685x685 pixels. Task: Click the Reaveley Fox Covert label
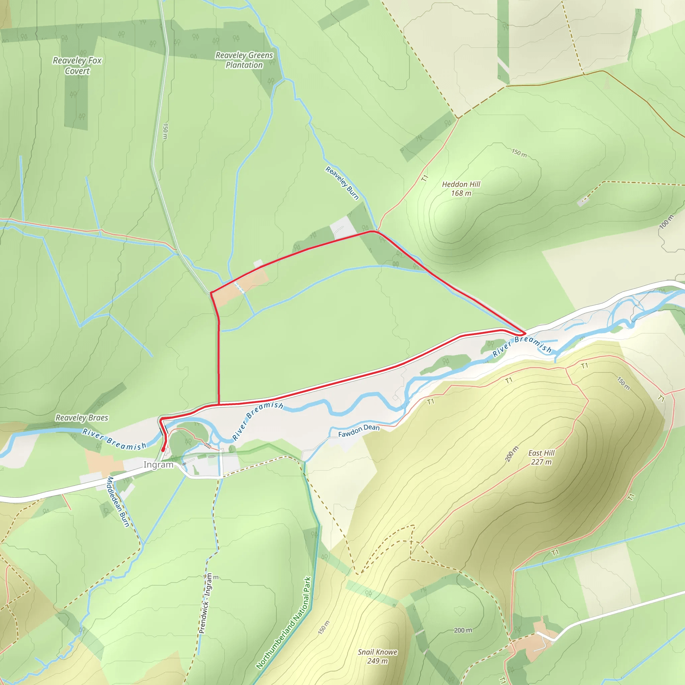pyautogui.click(x=77, y=66)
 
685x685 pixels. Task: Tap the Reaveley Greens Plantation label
pyautogui.click(x=244, y=60)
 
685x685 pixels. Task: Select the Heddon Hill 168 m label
pyautogui.click(x=461, y=189)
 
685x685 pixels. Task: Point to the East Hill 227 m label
pyautogui.click(x=542, y=457)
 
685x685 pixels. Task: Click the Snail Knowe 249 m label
pyautogui.click(x=378, y=656)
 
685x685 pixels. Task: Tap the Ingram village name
pyautogui.click(x=158, y=465)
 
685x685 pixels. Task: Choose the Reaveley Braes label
pyautogui.click(x=82, y=418)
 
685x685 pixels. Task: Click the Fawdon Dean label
pyautogui.click(x=359, y=430)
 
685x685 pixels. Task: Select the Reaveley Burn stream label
pyautogui.click(x=342, y=183)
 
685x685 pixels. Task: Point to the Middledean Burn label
pyautogui.click(x=118, y=502)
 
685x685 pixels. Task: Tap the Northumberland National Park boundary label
pyautogui.click(x=284, y=622)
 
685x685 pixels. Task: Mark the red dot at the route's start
pyautogui.click(x=163, y=450)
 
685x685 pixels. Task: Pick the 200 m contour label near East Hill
pyautogui.click(x=512, y=454)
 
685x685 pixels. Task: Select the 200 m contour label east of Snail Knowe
pyautogui.click(x=463, y=630)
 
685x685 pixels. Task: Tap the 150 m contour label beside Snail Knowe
pyautogui.click(x=324, y=627)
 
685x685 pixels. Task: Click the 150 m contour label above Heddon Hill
pyautogui.click(x=519, y=153)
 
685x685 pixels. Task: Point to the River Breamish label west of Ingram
pyautogui.click(x=114, y=439)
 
